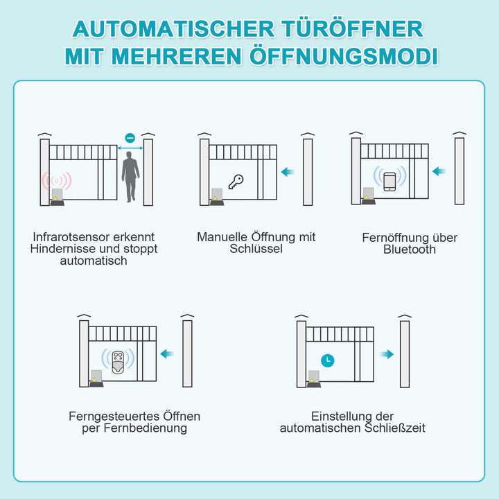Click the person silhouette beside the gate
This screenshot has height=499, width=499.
pyautogui.click(x=130, y=177)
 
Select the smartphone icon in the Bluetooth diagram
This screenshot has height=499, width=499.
pyautogui.click(x=389, y=180)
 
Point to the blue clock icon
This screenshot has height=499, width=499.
pyautogui.click(x=326, y=360)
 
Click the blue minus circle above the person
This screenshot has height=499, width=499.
pyautogui.click(x=130, y=138)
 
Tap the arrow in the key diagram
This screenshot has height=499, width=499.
pyautogui.click(x=288, y=172)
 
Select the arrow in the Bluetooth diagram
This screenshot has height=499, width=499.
pyautogui.click(x=439, y=171)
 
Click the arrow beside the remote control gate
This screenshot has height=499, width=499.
pyautogui.click(x=166, y=354)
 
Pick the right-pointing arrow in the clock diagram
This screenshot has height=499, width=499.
pyautogui.click(x=387, y=354)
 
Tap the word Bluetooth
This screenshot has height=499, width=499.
pyautogui.click(x=410, y=249)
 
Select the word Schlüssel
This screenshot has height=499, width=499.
pyautogui.click(x=256, y=249)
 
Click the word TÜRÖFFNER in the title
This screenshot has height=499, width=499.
pyautogui.click(x=352, y=28)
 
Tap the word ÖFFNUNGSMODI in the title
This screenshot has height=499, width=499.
pyautogui.click(x=342, y=56)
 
